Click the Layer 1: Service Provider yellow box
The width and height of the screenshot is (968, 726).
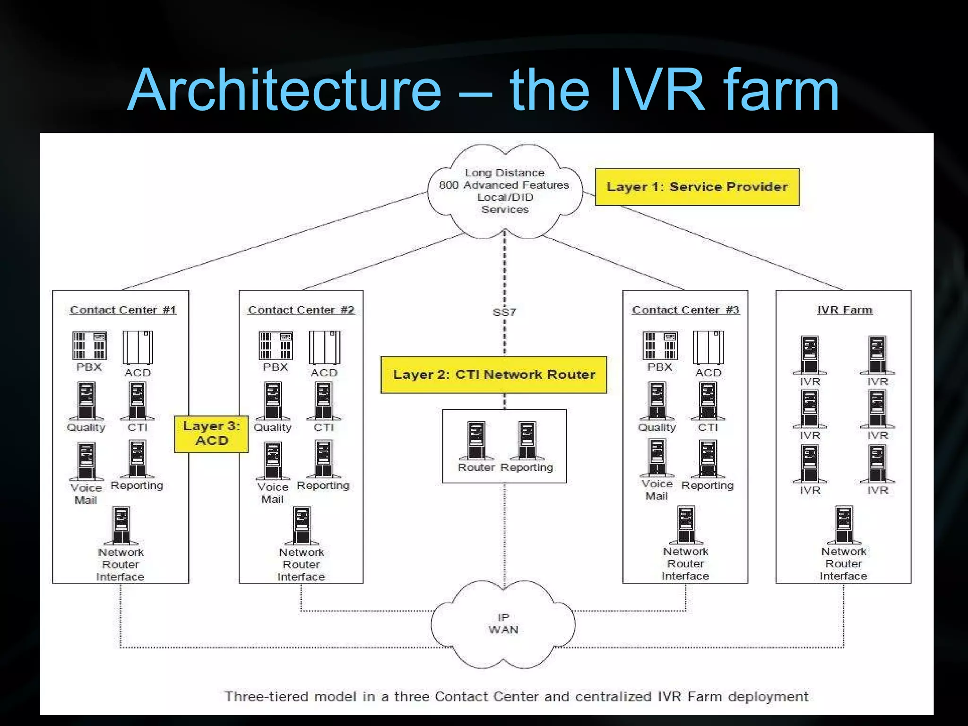point(697,187)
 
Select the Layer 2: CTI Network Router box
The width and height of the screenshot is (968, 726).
point(493,375)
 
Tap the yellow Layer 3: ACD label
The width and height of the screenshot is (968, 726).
point(211,433)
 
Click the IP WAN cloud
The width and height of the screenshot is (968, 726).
point(503,624)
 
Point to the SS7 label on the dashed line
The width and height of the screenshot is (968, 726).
point(504,312)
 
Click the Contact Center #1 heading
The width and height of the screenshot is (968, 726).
point(123,310)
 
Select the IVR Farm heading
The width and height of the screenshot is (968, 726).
point(844,310)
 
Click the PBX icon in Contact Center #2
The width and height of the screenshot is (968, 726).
point(276,346)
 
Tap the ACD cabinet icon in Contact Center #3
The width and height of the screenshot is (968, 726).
point(708,347)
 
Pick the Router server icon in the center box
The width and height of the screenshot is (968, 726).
point(476,441)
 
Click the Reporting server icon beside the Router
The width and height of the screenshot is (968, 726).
point(527,441)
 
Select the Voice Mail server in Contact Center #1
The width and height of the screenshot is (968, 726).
point(86,461)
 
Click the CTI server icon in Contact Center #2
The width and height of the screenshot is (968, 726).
point(324,401)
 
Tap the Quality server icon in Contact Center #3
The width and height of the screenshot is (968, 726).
point(657,401)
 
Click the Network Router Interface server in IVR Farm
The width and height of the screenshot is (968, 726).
point(844,525)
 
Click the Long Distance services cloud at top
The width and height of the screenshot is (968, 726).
point(504,191)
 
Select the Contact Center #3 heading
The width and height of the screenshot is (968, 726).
point(685,310)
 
